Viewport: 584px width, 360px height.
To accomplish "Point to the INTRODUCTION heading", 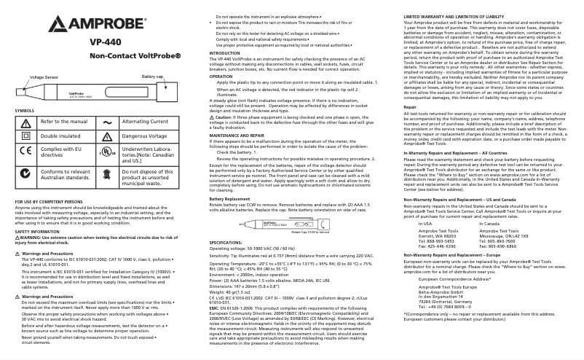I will [224, 53].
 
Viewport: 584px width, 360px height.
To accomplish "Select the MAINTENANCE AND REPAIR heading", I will [239, 136].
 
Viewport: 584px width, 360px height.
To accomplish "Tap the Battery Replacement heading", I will [232, 198].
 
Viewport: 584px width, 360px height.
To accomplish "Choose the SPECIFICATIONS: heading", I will [226, 241].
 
